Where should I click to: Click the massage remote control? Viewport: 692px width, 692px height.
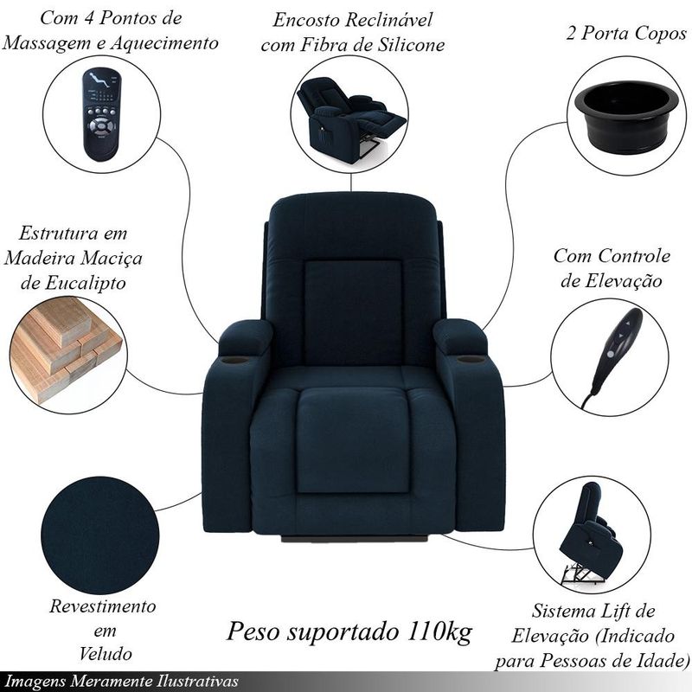[101, 114]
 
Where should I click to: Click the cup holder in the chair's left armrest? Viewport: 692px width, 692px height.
[234, 361]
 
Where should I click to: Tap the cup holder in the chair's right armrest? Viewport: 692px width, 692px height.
[471, 359]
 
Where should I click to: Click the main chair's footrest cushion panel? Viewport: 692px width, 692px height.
[353, 440]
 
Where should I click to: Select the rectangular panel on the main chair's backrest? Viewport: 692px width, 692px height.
[353, 313]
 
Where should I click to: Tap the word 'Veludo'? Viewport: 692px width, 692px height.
[106, 654]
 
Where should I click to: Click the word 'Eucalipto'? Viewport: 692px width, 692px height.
[74, 283]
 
